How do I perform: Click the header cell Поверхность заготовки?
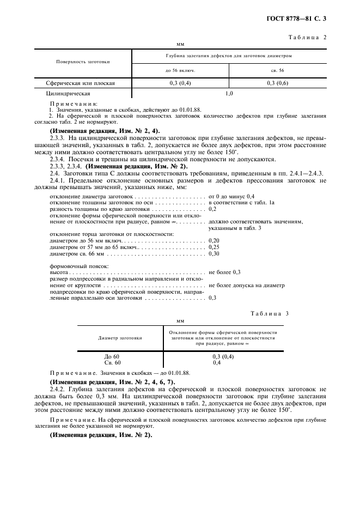coord(83,62)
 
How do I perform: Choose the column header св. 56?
coord(277,70)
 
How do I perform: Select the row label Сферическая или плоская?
coord(81,83)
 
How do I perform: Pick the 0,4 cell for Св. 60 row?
coord(217,362)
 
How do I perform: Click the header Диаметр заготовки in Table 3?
coord(120,338)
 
